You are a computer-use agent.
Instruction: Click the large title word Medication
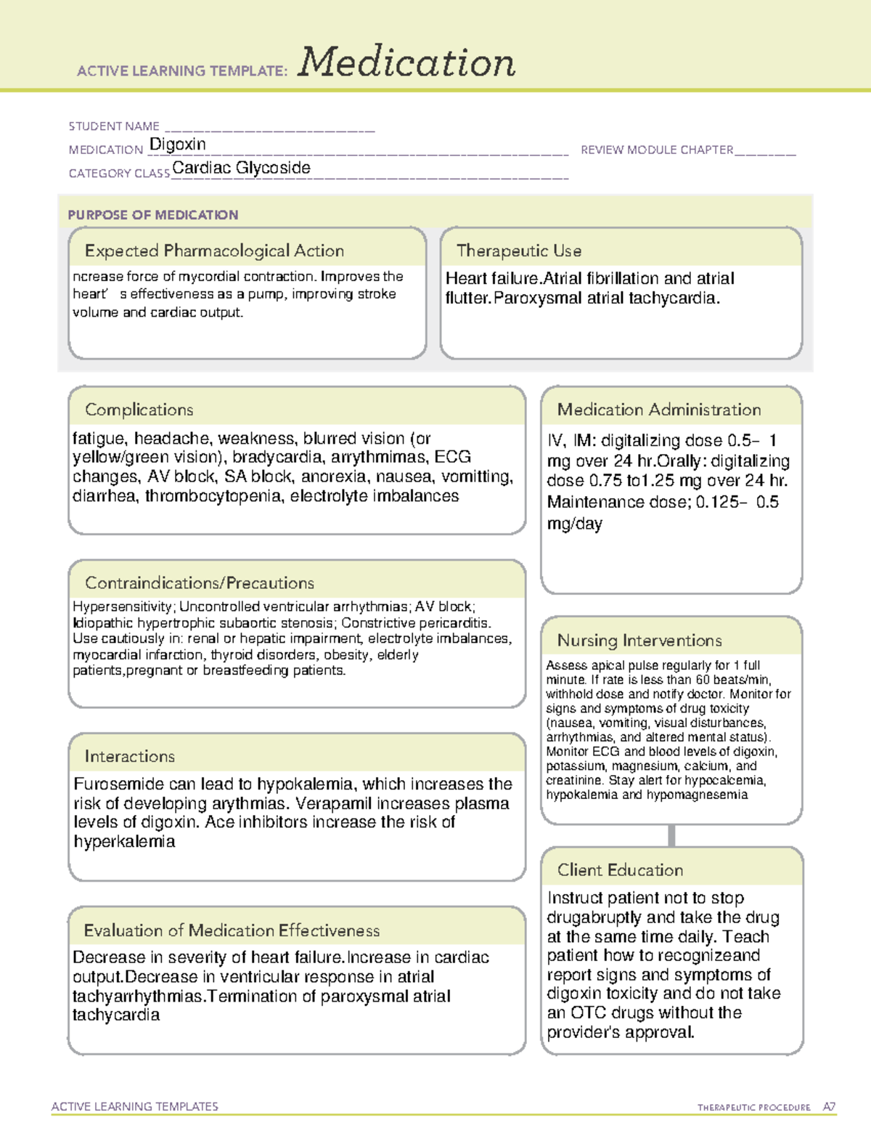click(x=406, y=62)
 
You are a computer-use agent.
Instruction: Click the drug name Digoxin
click(x=178, y=145)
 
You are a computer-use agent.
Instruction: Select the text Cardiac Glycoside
click(x=241, y=168)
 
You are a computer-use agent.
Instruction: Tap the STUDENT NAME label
click(x=114, y=126)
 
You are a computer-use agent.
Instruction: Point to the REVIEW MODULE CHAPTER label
click(x=657, y=150)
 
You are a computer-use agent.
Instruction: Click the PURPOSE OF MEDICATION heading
click(x=153, y=215)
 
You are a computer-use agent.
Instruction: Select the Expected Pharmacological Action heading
click(x=214, y=251)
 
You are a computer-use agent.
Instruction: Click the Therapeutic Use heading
click(x=519, y=251)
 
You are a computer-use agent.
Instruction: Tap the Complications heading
click(x=139, y=410)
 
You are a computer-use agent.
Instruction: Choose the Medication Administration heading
click(x=659, y=410)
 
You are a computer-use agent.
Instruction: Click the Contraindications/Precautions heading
click(x=200, y=583)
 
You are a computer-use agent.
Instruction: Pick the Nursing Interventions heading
click(x=639, y=640)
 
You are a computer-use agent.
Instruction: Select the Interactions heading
click(x=130, y=756)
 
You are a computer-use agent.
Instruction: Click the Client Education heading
click(x=620, y=869)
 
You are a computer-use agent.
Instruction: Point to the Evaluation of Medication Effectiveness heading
click(x=232, y=930)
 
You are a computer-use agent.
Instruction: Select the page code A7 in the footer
click(x=829, y=1107)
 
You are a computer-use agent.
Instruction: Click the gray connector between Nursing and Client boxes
click(x=671, y=835)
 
